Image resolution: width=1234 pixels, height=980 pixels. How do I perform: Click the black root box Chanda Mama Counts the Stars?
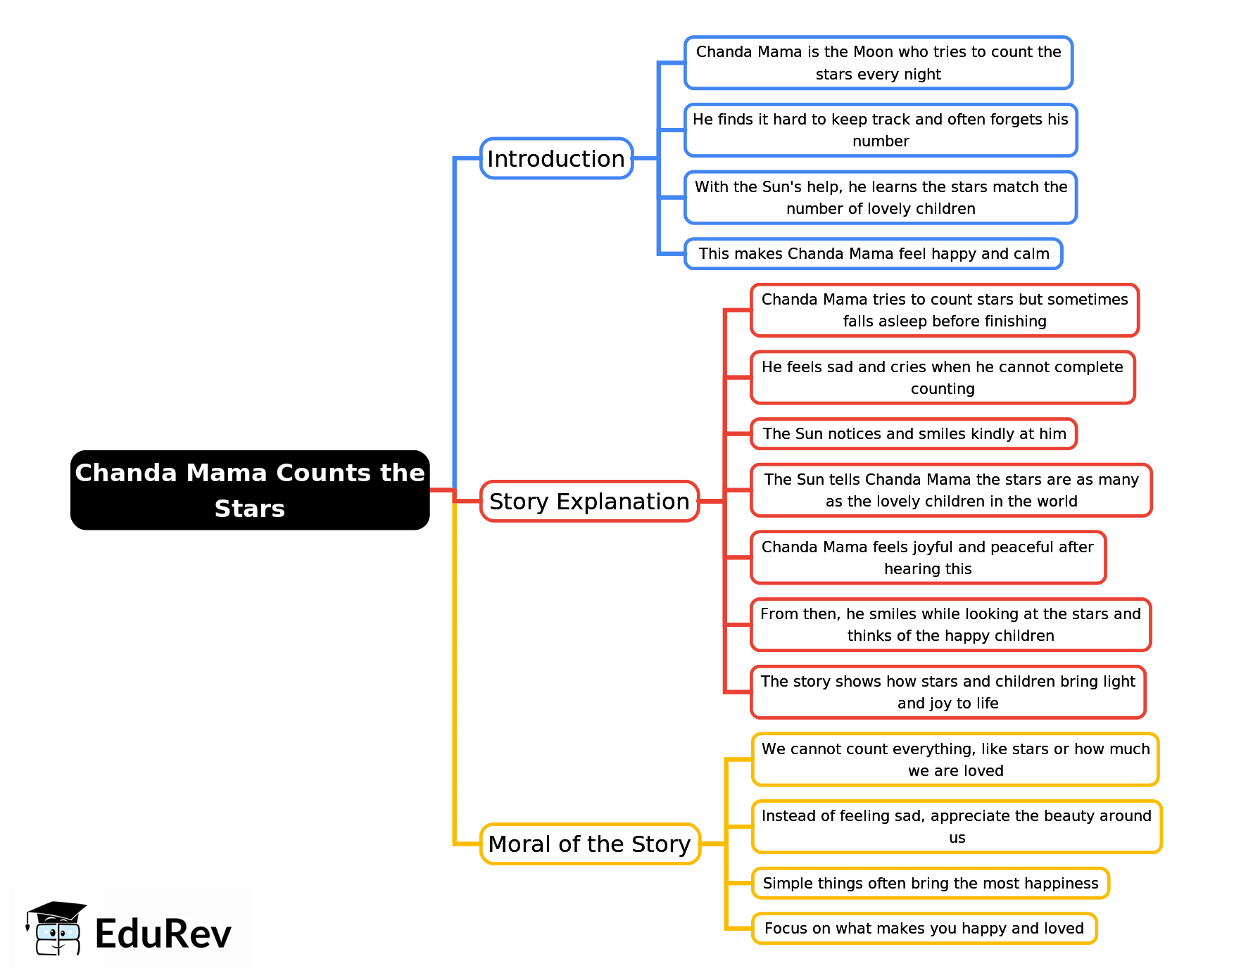point(250,490)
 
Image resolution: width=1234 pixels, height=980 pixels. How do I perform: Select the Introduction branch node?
point(556,158)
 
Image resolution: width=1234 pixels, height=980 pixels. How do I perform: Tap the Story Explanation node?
point(589,501)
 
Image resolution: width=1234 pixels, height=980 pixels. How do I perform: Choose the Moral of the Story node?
point(589,844)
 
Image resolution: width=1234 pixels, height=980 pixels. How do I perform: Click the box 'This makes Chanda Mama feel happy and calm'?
point(873,254)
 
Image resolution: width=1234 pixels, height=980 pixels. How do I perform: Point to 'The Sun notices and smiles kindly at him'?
point(914,433)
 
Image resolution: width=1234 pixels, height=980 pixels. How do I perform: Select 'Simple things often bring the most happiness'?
point(930,883)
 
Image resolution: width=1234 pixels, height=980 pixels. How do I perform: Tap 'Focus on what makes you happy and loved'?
point(924,928)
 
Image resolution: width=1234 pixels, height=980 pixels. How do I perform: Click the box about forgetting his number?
point(880,130)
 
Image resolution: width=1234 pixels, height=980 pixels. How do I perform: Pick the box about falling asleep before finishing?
point(944,310)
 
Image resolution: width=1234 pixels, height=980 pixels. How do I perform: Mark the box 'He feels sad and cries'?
point(942,378)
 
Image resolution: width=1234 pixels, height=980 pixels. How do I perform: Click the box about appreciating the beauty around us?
point(956,827)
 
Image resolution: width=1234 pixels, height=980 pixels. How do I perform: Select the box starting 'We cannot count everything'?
point(955,760)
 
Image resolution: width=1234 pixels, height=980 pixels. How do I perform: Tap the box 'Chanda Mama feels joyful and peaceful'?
point(928,557)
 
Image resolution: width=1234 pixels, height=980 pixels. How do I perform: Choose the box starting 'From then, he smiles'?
point(950,625)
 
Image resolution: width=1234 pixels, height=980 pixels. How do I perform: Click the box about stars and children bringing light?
point(947,692)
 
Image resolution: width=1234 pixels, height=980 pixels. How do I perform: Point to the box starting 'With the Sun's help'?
point(880,198)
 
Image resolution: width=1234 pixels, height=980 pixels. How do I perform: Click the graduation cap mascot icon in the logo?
point(56,929)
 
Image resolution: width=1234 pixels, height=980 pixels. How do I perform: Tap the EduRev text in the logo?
point(163,934)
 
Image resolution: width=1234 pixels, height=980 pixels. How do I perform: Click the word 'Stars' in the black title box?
point(250,509)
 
